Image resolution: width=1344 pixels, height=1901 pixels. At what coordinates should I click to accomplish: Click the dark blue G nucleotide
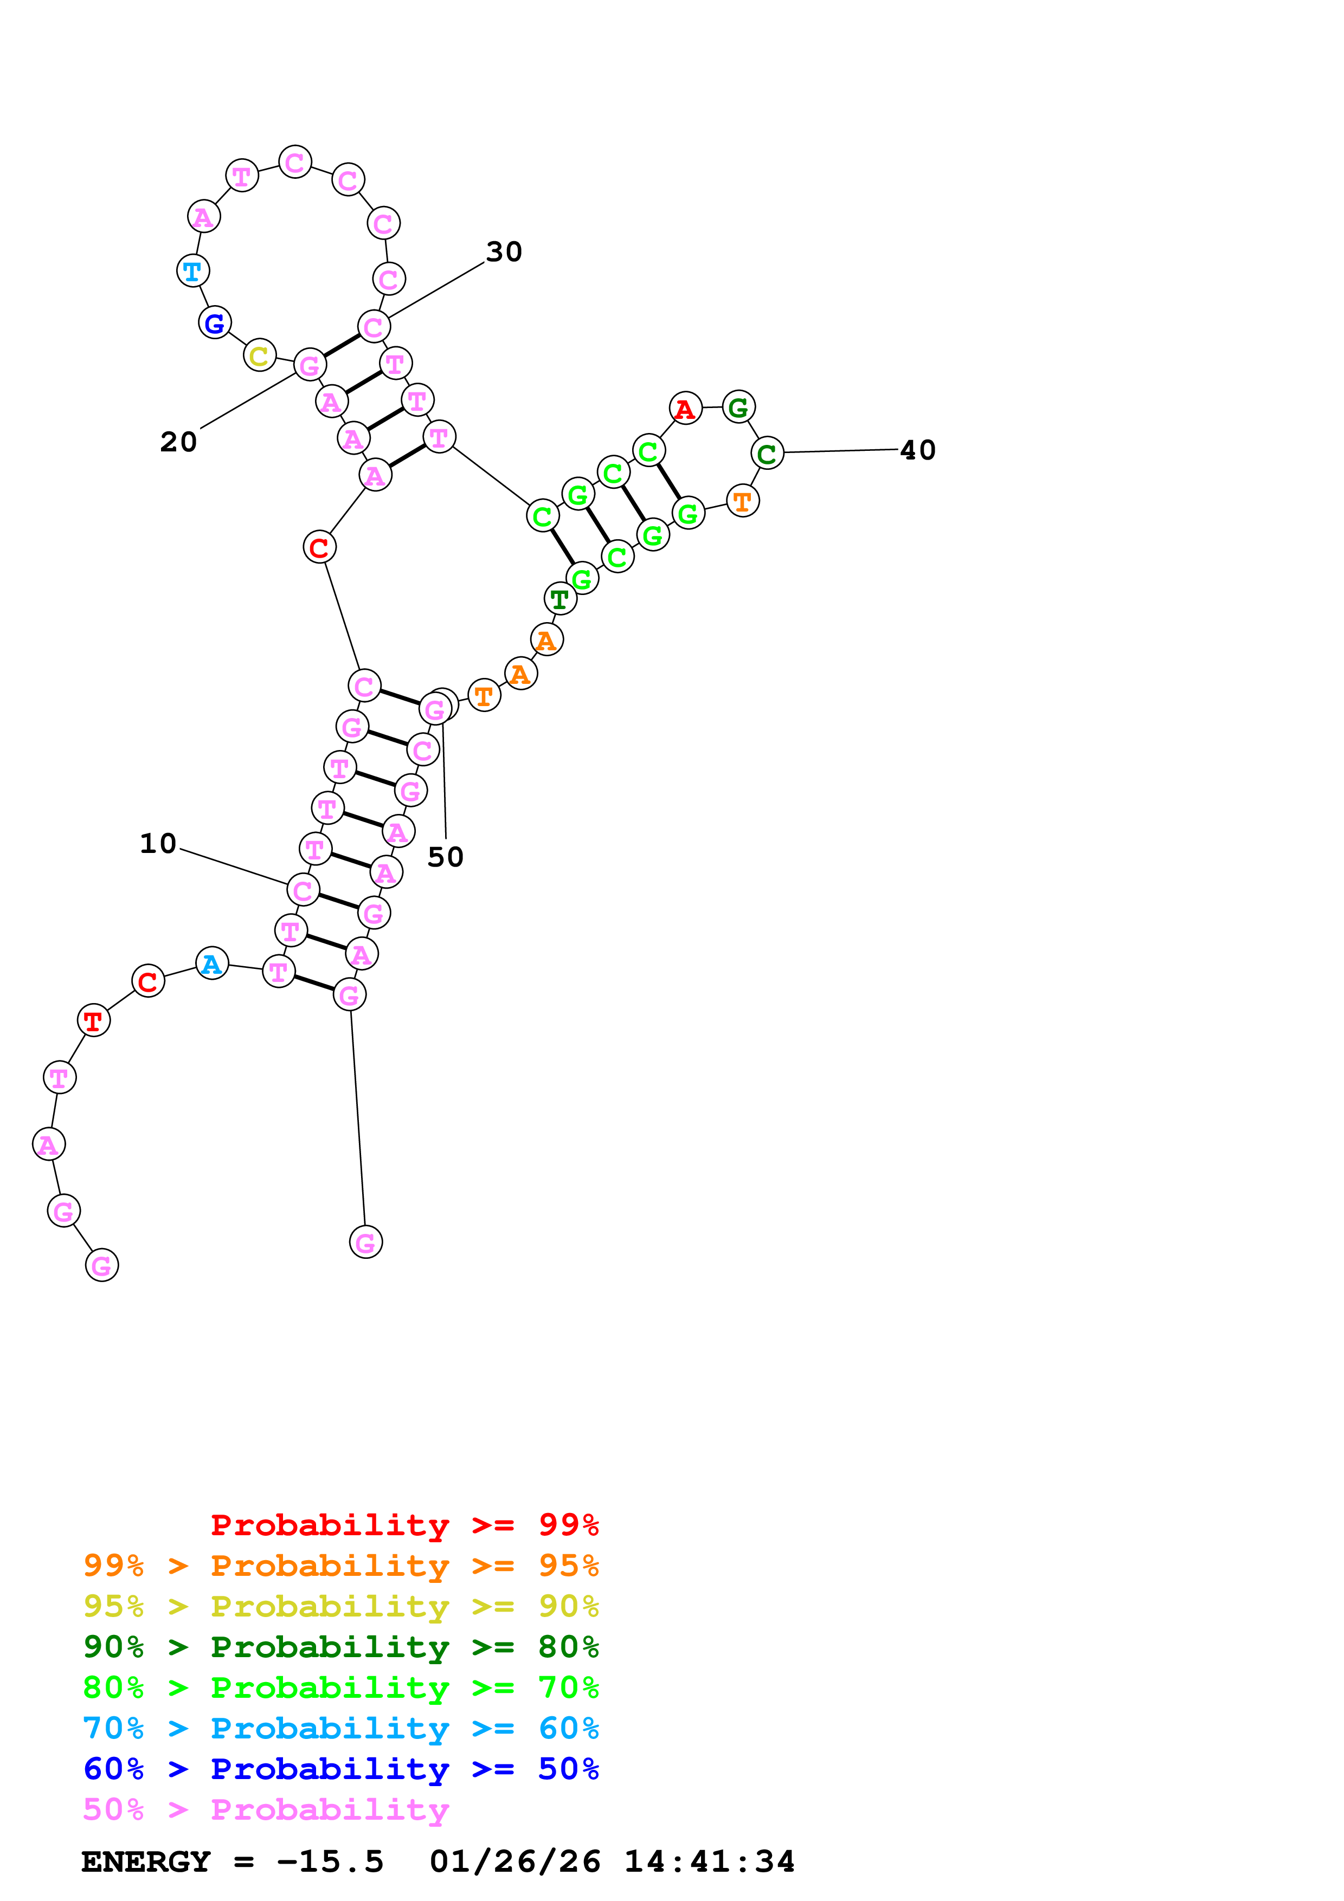coord(215,323)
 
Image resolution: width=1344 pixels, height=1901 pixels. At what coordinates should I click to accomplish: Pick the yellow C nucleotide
coord(259,356)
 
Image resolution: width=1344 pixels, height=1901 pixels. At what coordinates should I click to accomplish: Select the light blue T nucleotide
coord(193,271)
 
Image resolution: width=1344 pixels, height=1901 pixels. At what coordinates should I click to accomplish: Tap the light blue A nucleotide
coord(212,964)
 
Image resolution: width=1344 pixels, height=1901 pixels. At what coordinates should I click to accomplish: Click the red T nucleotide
coord(94,1021)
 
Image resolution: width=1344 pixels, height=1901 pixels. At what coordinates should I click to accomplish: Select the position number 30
coord(504,251)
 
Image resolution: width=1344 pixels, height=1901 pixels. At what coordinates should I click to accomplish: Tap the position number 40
coord(917,450)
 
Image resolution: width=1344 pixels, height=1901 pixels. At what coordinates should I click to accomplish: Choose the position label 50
coord(445,857)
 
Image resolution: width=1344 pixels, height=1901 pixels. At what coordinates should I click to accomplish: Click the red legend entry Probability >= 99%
coord(404,1525)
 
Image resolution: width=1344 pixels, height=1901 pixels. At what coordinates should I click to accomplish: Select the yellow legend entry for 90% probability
coord(340,1606)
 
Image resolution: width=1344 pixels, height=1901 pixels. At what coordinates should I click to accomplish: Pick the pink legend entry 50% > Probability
coord(265,1809)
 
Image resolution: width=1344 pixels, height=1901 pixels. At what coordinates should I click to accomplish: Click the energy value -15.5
coord(330,1861)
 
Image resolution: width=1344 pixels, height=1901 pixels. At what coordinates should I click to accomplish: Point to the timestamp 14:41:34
coord(709,1861)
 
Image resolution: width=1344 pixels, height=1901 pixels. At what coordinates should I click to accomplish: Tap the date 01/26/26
coord(515,1861)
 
